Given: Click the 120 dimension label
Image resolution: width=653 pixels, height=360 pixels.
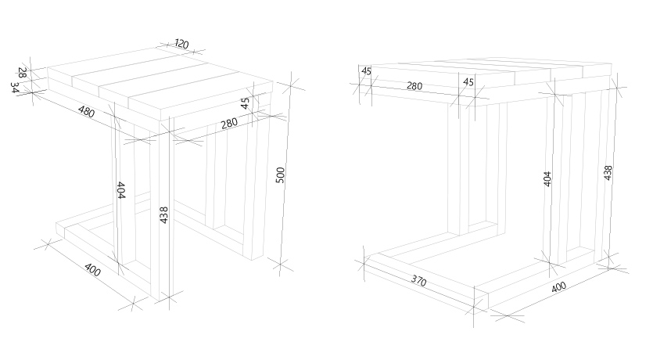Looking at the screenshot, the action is tap(181, 44).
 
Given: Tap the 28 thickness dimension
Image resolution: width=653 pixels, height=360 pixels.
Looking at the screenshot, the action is tap(23, 73).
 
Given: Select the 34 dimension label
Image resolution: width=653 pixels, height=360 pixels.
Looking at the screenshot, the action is tap(15, 88).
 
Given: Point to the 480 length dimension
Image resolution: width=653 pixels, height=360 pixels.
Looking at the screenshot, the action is tap(86, 111).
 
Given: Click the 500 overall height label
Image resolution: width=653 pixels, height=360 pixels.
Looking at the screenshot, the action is tap(280, 175).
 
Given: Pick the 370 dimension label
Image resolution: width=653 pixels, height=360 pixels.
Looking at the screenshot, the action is tap(418, 281).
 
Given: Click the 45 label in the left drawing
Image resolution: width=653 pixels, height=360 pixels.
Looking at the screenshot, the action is tap(246, 103).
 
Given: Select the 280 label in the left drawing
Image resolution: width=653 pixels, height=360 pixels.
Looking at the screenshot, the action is tap(229, 124).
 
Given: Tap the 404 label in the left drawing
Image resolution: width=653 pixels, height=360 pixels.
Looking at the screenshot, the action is tap(120, 190).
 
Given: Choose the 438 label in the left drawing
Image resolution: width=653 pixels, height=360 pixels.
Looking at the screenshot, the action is tap(164, 215).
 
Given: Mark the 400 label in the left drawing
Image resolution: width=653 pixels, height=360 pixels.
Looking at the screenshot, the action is tap(92, 269).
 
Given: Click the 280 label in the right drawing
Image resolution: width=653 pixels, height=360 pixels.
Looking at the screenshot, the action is tap(414, 86).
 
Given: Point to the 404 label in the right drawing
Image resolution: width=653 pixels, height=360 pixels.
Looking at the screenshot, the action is tap(547, 178).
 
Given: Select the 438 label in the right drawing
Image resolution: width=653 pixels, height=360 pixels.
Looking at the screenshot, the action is tap(608, 173).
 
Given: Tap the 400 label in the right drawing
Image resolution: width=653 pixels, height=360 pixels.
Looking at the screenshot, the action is tap(558, 287).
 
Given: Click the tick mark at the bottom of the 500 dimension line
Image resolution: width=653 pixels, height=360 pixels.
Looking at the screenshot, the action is tap(280, 265).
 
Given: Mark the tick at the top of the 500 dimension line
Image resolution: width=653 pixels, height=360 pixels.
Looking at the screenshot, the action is tap(291, 85).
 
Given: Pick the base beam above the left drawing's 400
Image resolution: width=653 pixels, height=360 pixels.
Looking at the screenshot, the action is tap(103, 259).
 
